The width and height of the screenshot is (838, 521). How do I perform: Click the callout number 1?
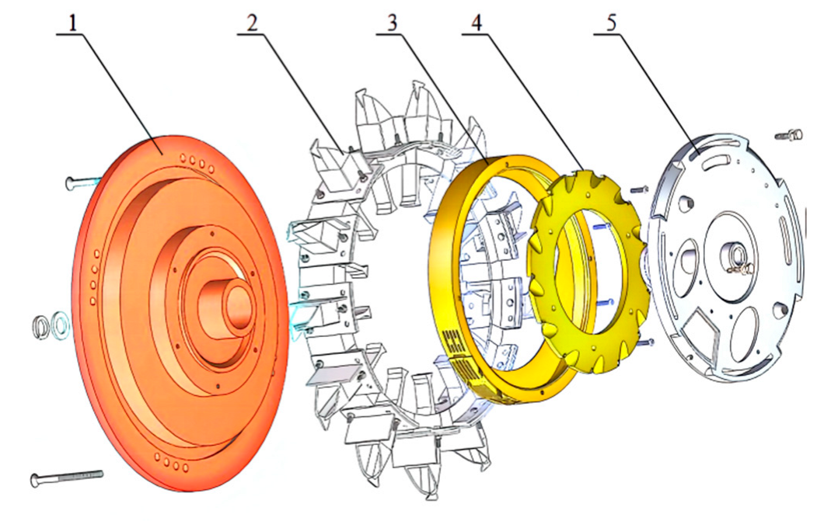73,23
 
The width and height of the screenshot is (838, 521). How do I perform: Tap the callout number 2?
251,23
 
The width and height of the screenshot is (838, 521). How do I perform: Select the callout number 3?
393,23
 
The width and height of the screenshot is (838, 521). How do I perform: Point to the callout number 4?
477,23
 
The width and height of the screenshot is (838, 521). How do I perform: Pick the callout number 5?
611,23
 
